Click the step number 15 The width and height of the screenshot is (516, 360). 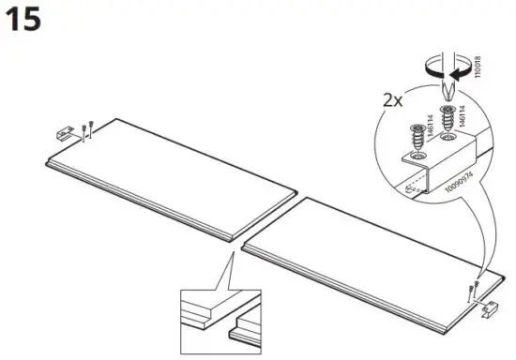point(23,20)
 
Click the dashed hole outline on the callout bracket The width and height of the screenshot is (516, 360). point(409,187)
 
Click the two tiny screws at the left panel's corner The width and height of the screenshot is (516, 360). point(86,128)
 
